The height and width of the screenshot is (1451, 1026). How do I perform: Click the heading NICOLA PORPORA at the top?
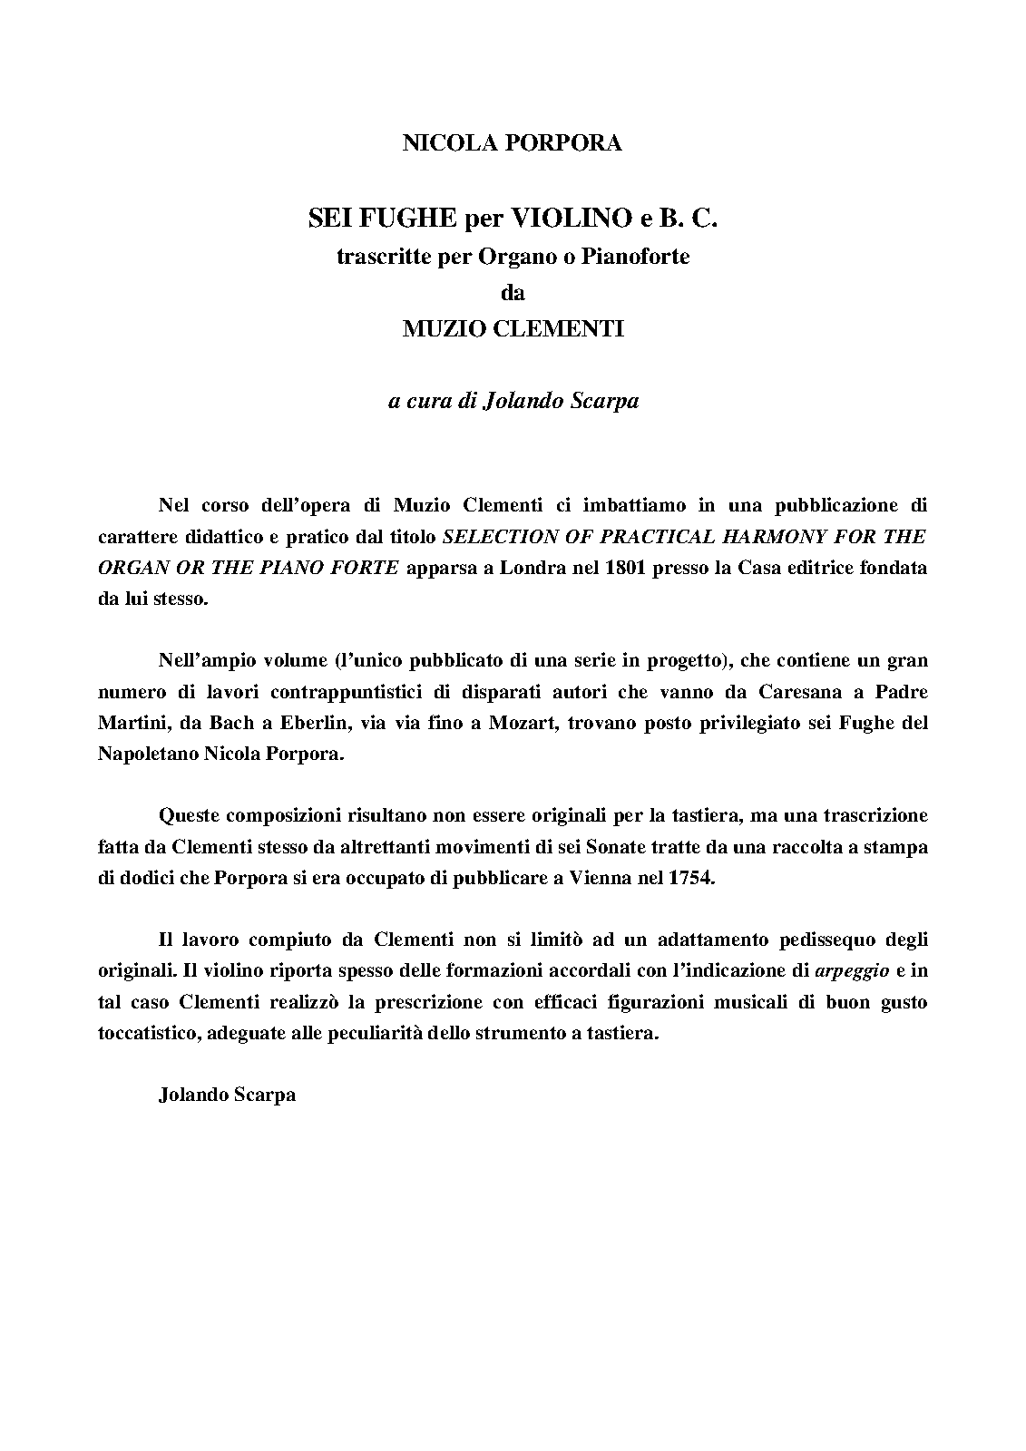513,143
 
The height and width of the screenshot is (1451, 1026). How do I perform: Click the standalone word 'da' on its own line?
513,293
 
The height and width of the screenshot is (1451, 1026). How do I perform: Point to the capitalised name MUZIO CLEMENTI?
513,329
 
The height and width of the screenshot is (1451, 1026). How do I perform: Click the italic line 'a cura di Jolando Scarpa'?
513,401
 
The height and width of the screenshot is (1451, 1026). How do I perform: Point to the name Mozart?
522,723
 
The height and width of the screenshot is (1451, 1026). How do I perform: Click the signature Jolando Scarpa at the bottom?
227,1094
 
